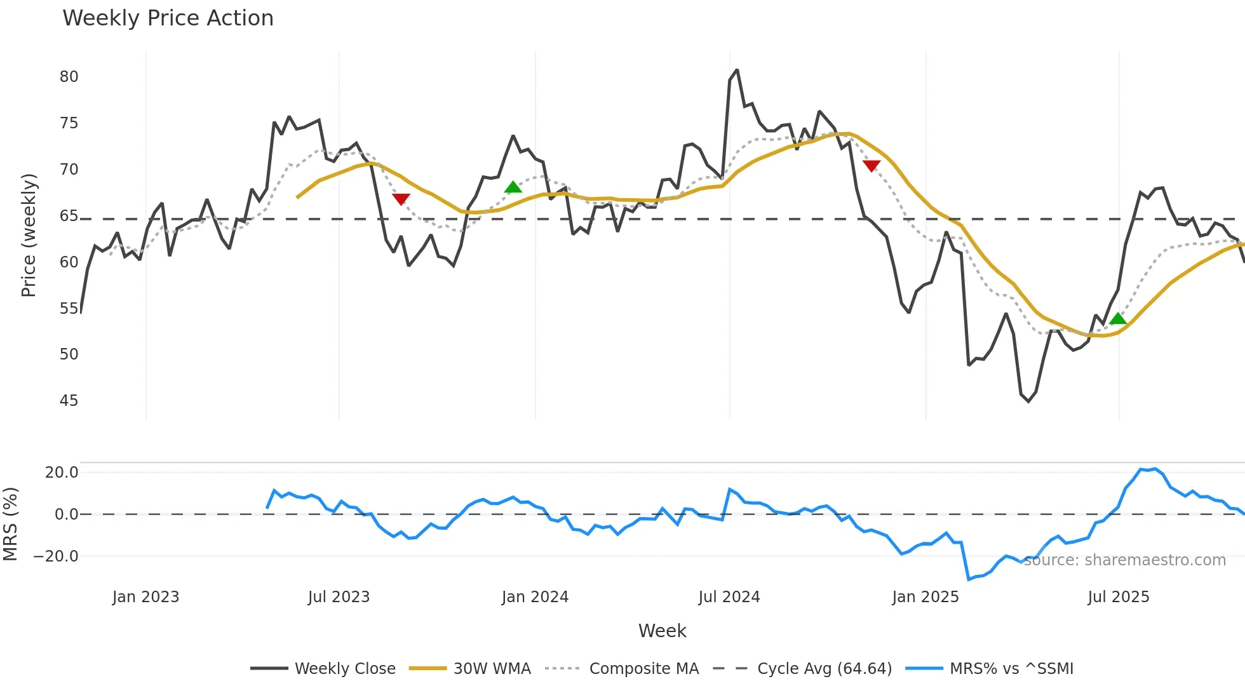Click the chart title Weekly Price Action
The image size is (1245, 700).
[168, 18]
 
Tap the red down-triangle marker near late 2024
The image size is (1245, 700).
[871, 166]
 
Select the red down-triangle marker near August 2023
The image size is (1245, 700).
[401, 199]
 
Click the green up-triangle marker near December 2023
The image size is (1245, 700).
[513, 187]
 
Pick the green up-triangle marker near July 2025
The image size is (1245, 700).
[1118, 318]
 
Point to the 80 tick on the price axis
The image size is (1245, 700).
[69, 77]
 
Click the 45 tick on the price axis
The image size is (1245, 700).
[69, 401]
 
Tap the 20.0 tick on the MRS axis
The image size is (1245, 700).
[62, 473]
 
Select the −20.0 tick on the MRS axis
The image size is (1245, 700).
[56, 556]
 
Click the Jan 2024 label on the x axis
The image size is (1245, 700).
[535, 597]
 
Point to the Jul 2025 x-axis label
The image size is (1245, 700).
[1118, 597]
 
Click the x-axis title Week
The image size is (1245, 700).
[662, 631]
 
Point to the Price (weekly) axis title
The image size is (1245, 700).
[29, 235]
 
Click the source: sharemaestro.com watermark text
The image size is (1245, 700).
[1124, 560]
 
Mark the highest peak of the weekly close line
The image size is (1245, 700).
[737, 70]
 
